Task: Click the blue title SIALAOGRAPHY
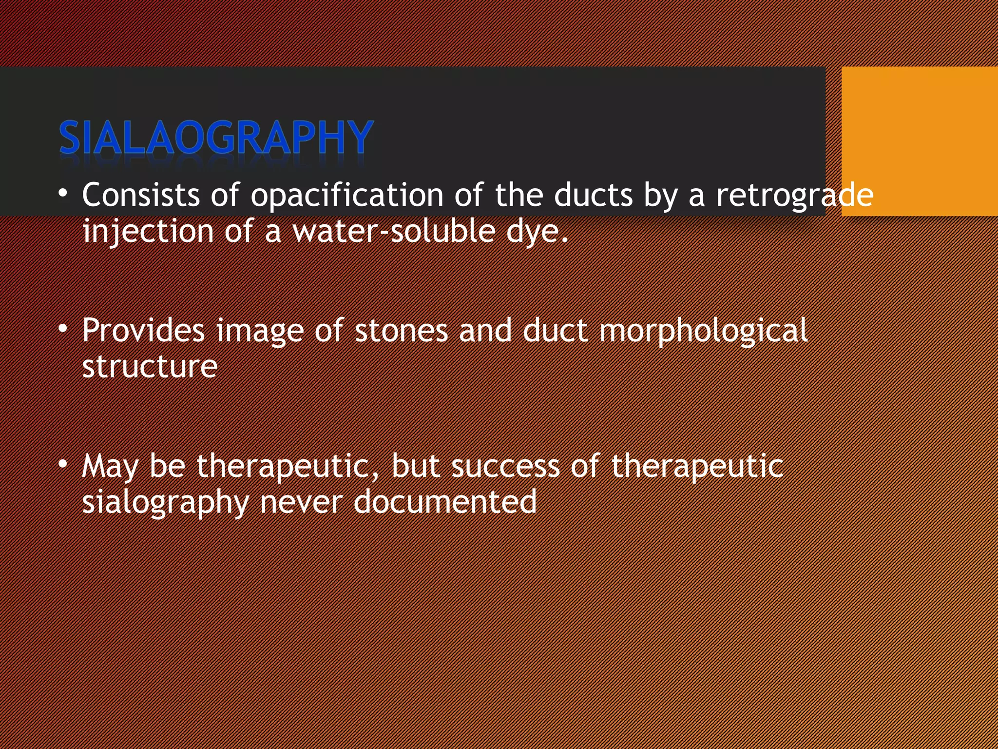pyautogui.click(x=216, y=138)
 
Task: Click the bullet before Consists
pyautogui.click(x=63, y=194)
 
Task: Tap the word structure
pyautogui.click(x=150, y=367)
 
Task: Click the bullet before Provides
pyautogui.click(x=63, y=329)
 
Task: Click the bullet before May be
pyautogui.click(x=63, y=464)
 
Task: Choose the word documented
pyautogui.click(x=445, y=502)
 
